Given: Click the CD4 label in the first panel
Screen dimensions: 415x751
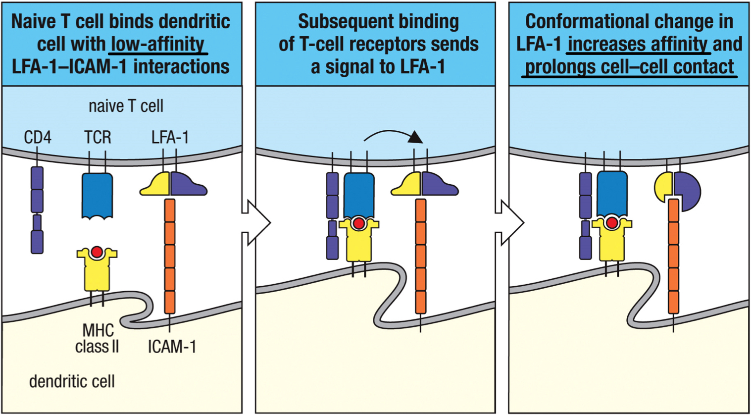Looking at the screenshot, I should (x=38, y=137).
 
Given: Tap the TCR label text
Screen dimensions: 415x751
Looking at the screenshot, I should (x=98, y=137).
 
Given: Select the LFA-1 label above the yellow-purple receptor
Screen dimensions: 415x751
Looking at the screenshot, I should (x=170, y=137).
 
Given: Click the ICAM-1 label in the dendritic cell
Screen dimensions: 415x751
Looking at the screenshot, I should (x=172, y=347).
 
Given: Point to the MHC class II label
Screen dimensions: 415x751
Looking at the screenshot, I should (x=98, y=338).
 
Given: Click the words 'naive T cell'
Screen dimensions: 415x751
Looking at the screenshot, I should (x=126, y=106).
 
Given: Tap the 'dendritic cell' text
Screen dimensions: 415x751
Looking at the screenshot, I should (x=72, y=381).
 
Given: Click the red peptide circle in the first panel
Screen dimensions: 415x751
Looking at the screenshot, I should (x=97, y=252).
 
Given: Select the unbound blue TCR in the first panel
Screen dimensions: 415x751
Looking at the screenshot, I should (x=97, y=195).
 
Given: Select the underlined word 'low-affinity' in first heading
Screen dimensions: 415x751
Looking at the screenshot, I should (x=157, y=44).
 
